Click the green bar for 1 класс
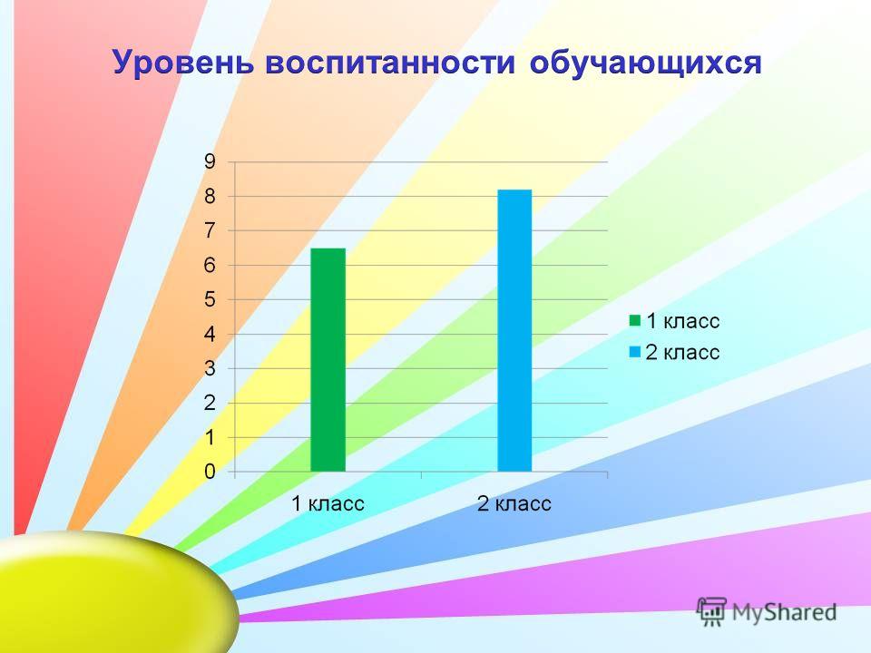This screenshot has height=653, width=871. (x=328, y=360)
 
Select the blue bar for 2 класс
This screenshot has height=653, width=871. (x=514, y=330)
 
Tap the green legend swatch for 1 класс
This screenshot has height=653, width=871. (x=634, y=320)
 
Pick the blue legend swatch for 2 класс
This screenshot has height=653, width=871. (x=634, y=352)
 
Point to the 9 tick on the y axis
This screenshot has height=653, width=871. (x=210, y=162)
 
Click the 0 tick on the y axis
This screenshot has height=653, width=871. (x=210, y=472)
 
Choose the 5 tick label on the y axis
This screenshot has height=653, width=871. (x=210, y=300)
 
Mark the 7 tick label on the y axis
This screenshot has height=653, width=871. (x=210, y=231)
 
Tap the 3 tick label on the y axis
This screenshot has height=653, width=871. (x=210, y=369)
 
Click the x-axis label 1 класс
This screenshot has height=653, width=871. (x=328, y=503)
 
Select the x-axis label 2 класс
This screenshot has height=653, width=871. (x=514, y=503)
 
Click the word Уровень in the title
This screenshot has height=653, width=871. (x=183, y=63)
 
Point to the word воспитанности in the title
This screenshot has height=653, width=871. (x=390, y=63)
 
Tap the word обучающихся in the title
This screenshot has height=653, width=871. (x=645, y=63)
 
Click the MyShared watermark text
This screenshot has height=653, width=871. (x=784, y=612)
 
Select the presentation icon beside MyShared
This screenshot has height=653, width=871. (x=711, y=611)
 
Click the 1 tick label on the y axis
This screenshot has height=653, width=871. (x=210, y=437)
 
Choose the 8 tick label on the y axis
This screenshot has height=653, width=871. (x=210, y=197)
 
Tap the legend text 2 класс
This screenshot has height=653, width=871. (x=682, y=353)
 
